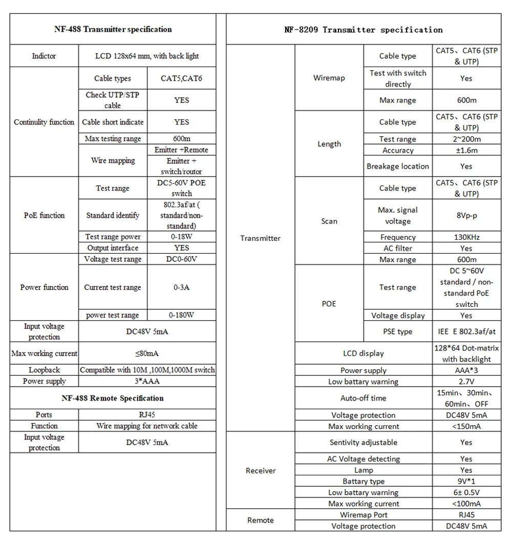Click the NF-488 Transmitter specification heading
pyautogui.click(x=113, y=29)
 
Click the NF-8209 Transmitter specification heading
pyautogui.click(x=364, y=30)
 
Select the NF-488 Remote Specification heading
pyautogui.click(x=113, y=398)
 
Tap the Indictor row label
pyautogui.click(x=44, y=56)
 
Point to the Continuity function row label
pyautogui.click(x=44, y=122)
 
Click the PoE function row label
pyautogui.click(x=44, y=215)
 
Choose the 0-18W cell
pyautogui.click(x=182, y=237)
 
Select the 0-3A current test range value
pyautogui.click(x=182, y=287)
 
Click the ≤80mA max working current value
pyautogui.click(x=147, y=353)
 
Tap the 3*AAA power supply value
pyautogui.click(x=147, y=381)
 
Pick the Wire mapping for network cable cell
pyautogui.click(x=147, y=426)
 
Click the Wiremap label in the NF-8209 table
pyautogui.click(x=329, y=78)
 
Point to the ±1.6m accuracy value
pyautogui.click(x=466, y=151)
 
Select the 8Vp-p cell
pyautogui.click(x=466, y=216)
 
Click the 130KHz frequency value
pyautogui.click(x=466, y=237)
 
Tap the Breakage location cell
pyautogui.click(x=398, y=166)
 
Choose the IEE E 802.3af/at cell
pyautogui.click(x=466, y=331)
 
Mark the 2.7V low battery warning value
pyautogui.click(x=466, y=382)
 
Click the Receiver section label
pyautogui.click(x=261, y=470)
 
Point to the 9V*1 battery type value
pyautogui.click(x=466, y=482)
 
